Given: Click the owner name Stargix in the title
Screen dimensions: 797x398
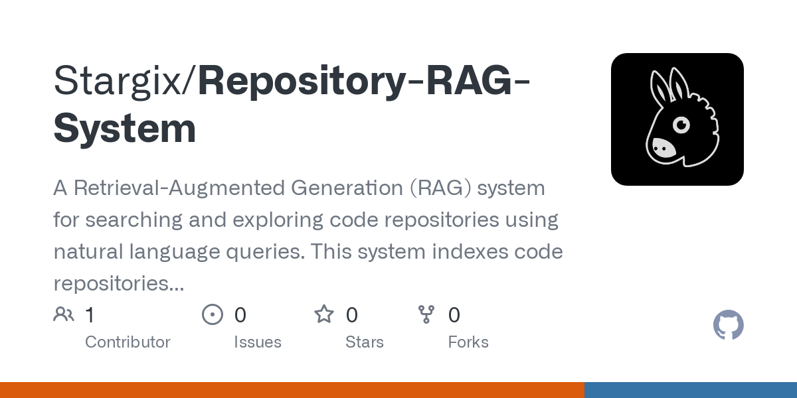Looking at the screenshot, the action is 118,82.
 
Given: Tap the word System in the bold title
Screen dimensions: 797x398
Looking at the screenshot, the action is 125,128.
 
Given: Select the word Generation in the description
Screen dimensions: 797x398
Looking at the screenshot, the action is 347,188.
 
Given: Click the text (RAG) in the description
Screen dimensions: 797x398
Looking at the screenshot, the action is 440,188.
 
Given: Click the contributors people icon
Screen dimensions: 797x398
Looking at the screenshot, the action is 64,314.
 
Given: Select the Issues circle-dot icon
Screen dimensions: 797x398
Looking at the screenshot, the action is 213,314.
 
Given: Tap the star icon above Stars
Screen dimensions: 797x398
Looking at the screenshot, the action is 324,314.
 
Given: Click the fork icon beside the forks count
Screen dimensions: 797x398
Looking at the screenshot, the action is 426,314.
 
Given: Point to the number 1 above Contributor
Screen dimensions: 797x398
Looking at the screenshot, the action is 90,315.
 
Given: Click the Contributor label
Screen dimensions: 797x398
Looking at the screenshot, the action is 128,342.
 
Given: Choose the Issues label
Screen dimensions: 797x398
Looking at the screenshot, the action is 258,342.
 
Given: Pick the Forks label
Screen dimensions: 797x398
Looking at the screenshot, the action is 468,342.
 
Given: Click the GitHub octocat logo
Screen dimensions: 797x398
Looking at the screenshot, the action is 729,325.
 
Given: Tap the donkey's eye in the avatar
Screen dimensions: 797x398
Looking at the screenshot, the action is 681,125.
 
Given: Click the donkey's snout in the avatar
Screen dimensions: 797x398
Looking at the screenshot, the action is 664,148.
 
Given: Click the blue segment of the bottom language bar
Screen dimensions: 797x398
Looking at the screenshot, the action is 691,390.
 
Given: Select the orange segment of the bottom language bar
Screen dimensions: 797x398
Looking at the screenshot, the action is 292,390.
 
